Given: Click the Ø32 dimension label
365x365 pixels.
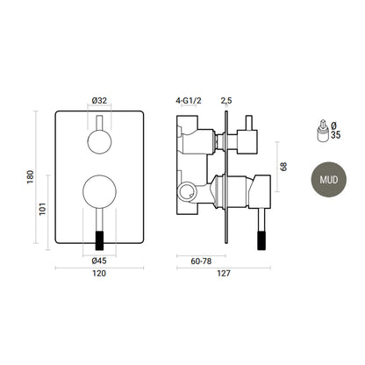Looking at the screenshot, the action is click(x=99, y=101).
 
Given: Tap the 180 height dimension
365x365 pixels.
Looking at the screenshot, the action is click(x=31, y=177).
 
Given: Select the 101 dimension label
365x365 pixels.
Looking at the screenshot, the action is click(x=43, y=209).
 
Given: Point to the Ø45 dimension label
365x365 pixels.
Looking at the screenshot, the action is click(x=99, y=261).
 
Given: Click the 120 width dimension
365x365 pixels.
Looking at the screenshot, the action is click(x=99, y=274).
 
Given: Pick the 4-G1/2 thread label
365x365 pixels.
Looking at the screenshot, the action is click(x=189, y=101).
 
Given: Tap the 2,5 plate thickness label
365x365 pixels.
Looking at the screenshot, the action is click(x=226, y=101).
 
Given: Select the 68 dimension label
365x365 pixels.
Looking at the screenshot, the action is click(x=283, y=167).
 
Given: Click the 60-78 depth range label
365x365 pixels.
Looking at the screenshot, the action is click(x=201, y=261).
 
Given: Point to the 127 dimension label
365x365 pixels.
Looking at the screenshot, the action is click(x=224, y=274).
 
